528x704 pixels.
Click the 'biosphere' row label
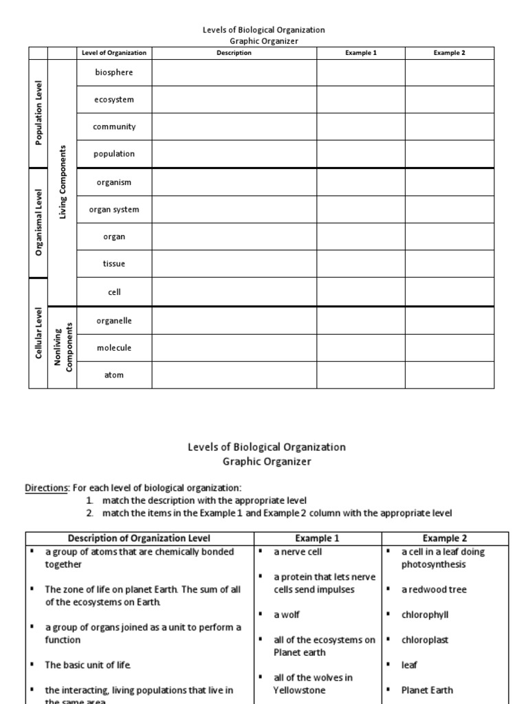click(x=114, y=72)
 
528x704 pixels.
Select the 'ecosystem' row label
click(x=114, y=100)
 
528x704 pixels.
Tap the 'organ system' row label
click(x=114, y=210)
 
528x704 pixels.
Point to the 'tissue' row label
click(x=114, y=264)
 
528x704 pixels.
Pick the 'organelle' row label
click(x=114, y=320)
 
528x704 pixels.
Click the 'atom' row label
click(x=114, y=375)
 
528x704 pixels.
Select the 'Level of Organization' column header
click(x=114, y=53)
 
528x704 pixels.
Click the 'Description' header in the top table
click(x=234, y=53)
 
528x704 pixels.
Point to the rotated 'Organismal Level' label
click(x=39, y=223)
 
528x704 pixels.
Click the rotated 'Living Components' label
click(x=63, y=182)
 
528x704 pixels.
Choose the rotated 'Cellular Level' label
click(x=39, y=333)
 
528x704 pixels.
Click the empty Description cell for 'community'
click(x=234, y=127)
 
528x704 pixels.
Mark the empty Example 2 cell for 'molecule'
click(x=449, y=348)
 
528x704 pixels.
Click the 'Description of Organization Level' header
click(x=140, y=538)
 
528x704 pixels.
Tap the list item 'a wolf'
click(x=287, y=615)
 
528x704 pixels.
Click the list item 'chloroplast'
click(x=425, y=640)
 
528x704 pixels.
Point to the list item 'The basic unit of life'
click(x=87, y=665)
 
